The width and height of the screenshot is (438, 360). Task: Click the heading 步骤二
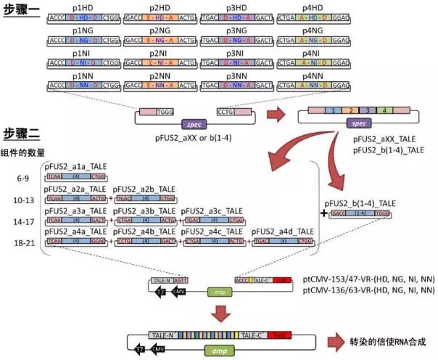(22, 134)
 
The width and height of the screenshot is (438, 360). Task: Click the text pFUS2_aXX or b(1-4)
(185, 136)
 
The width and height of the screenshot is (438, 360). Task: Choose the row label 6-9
(24, 176)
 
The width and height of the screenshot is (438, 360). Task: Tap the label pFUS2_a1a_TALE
(75, 168)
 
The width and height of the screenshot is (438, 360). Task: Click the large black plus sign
(322, 214)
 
